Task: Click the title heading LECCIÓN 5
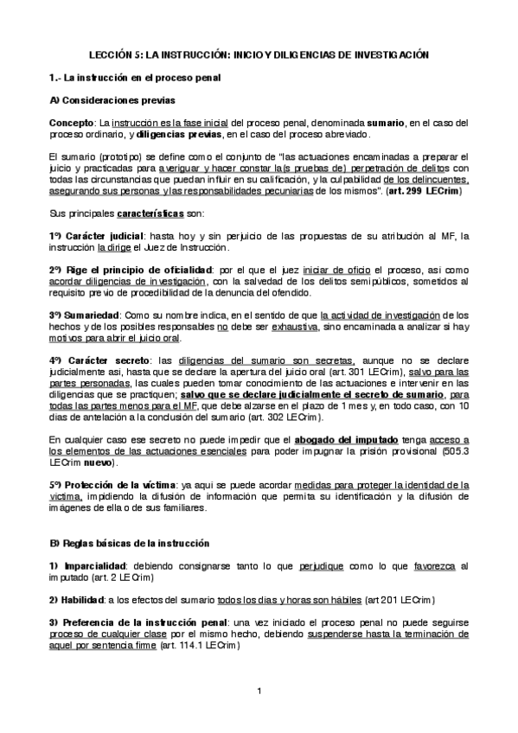pos(259,54)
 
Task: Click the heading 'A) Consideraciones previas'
pos(112,100)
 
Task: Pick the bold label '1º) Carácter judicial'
pos(88,236)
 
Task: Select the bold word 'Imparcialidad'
pos(97,565)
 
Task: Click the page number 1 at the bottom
pos(259,691)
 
